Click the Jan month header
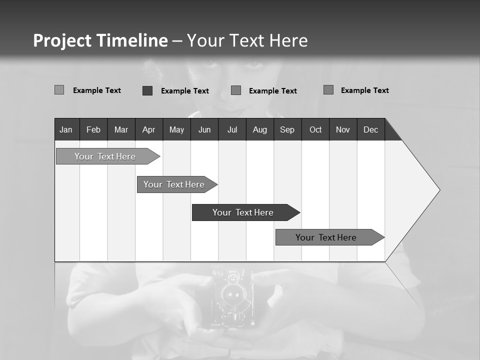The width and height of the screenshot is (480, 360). pyautogui.click(x=66, y=129)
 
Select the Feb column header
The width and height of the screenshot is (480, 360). pyautogui.click(x=93, y=129)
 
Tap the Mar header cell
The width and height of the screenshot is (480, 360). pyautogui.click(x=121, y=129)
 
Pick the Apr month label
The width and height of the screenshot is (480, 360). pyautogui.click(x=148, y=129)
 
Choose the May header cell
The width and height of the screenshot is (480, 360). pyautogui.click(x=176, y=129)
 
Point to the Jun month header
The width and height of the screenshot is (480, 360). pyautogui.click(x=204, y=129)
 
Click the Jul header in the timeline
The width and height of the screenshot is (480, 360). pyautogui.click(x=232, y=129)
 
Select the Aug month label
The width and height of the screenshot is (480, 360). pyautogui.click(x=260, y=129)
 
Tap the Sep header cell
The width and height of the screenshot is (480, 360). pyautogui.click(x=287, y=129)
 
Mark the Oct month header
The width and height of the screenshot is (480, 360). pyautogui.click(x=315, y=129)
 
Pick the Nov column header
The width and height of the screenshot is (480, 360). pyautogui.click(x=343, y=129)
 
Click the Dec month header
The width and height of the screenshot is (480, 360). pyautogui.click(x=371, y=129)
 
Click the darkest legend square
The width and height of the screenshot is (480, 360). pyautogui.click(x=147, y=90)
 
